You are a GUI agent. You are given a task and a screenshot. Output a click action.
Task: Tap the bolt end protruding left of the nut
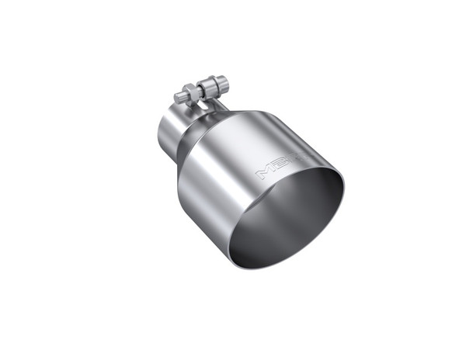[179, 95]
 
